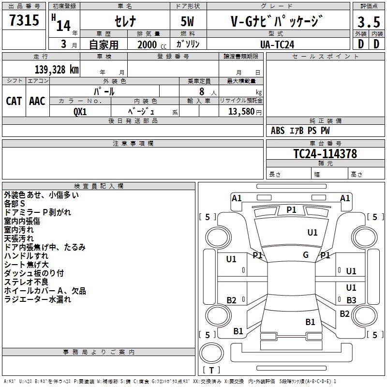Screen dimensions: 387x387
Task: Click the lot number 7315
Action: pyautogui.click(x=24, y=20)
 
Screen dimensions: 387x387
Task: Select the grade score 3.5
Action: pyautogui.click(x=369, y=22)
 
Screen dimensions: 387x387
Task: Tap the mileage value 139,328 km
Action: pyautogui.click(x=57, y=70)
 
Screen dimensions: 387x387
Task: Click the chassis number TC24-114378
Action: pyautogui.click(x=325, y=154)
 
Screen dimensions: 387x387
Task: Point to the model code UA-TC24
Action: pyautogui.click(x=277, y=45)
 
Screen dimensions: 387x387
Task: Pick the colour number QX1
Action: pyautogui.click(x=80, y=112)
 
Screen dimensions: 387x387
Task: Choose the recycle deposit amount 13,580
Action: pyautogui.click(x=241, y=112)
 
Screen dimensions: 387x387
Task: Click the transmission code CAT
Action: pyautogui.click(x=14, y=101)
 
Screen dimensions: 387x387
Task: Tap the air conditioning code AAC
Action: pyautogui.click(x=37, y=101)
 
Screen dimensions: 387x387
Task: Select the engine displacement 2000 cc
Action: pyautogui.click(x=152, y=45)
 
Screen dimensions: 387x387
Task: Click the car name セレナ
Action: pyautogui.click(x=125, y=21)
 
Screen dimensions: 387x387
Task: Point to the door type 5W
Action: pyautogui.click(x=187, y=21)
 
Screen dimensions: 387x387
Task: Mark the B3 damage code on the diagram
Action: pyautogui.click(x=351, y=300)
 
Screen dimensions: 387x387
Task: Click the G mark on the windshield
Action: pyautogui.click(x=306, y=255)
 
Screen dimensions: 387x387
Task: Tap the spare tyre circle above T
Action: pyautogui.click(x=211, y=353)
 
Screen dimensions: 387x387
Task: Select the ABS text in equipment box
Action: pyautogui.click(x=278, y=131)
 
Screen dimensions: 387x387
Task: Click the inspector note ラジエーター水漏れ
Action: pyautogui.click(x=38, y=299)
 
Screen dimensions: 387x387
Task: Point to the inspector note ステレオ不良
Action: pyautogui.click(x=26, y=282)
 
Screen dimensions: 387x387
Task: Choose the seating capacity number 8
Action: pyautogui.click(x=202, y=91)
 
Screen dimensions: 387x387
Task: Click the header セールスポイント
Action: pyautogui.click(x=325, y=57)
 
